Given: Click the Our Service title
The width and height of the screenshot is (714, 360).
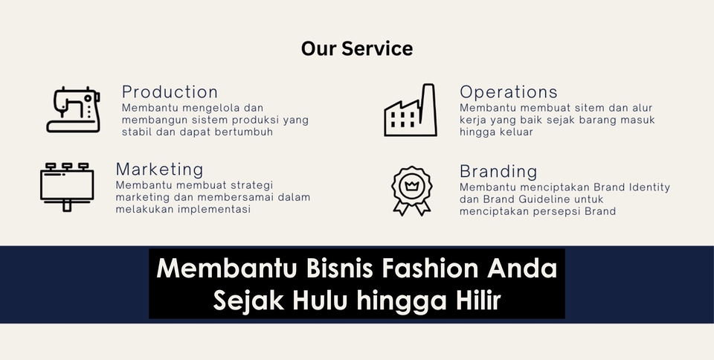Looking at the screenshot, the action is click(357, 48).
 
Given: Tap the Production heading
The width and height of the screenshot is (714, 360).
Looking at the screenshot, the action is click(170, 92).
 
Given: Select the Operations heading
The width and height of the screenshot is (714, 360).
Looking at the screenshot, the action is click(509, 92).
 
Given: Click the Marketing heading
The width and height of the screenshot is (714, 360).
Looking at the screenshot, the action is click(159, 170).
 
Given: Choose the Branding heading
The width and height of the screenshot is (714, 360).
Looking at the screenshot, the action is click(498, 172).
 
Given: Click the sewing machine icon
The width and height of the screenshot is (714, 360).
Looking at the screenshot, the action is click(74, 110).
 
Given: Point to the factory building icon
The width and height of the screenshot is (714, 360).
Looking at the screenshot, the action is click(411, 110).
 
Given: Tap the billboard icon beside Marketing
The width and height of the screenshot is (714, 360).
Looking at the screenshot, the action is click(67, 187).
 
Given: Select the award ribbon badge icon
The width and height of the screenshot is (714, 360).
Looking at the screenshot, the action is click(411, 190).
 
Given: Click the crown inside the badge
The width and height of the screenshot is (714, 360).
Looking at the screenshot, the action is click(411, 186).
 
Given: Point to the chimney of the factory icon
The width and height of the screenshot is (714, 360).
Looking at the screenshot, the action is click(428, 109).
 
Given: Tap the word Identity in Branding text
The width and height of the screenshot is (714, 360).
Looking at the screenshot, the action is click(649, 187).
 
